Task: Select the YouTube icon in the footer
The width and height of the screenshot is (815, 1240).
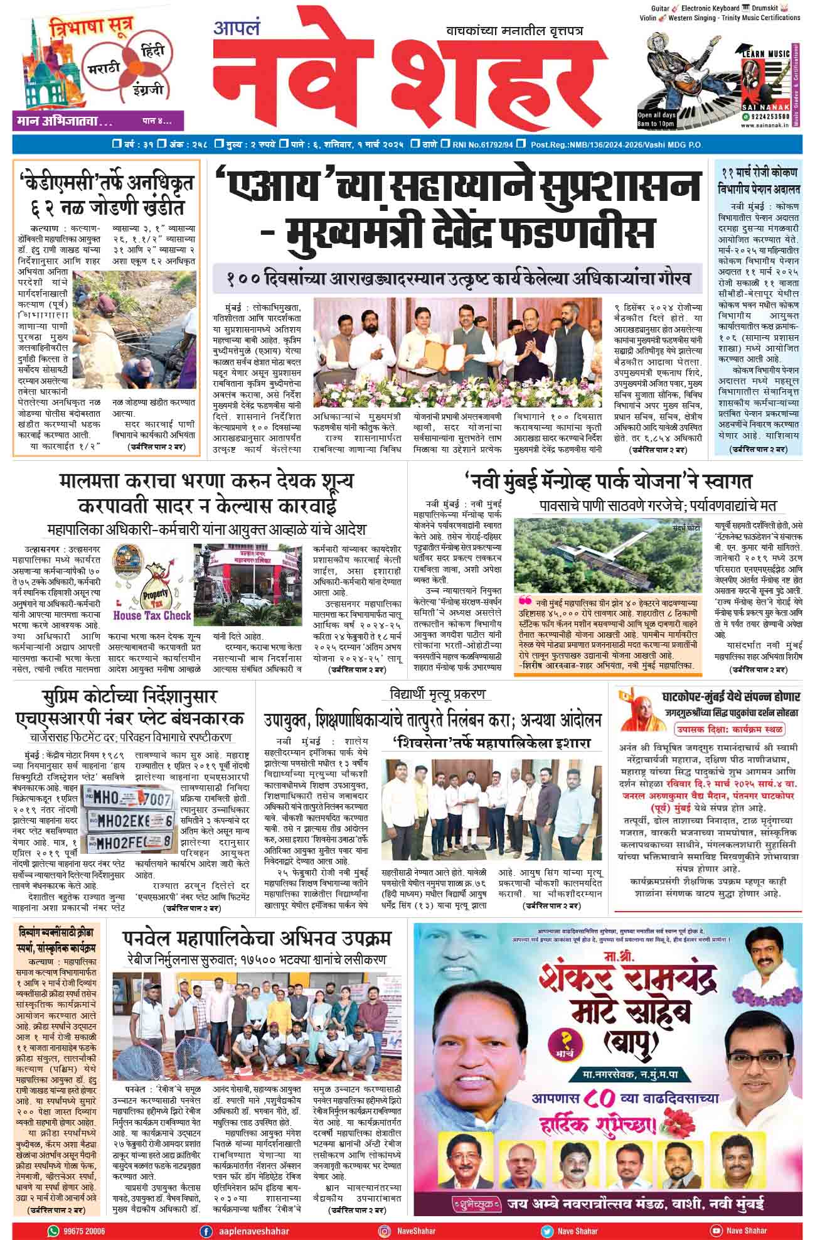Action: click(x=715, y=1231)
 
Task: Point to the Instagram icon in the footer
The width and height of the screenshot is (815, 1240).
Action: click(x=384, y=1231)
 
